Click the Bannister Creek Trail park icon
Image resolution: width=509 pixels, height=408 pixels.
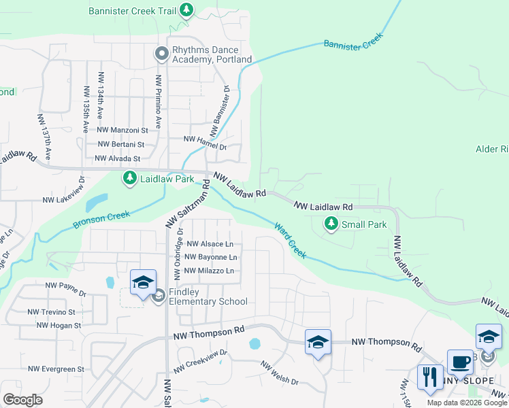point(186,10)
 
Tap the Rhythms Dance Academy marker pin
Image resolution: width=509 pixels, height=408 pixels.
point(162,53)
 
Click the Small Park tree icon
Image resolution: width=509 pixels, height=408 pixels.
point(331,223)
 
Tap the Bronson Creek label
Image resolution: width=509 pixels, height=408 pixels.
point(101,220)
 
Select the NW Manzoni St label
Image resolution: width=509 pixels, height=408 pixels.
point(122,129)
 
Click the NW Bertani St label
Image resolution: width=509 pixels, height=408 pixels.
point(121,144)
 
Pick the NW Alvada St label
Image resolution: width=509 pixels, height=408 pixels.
point(118,158)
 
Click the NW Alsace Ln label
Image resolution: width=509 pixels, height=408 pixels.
point(210,243)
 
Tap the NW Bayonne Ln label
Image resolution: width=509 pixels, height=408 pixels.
point(212,257)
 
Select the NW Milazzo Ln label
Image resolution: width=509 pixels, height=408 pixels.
point(210,271)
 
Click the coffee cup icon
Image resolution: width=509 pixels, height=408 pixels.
point(460,363)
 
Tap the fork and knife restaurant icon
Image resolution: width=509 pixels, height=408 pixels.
point(430,377)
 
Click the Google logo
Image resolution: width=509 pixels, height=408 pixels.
point(23,399)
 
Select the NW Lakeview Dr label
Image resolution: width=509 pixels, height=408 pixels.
point(63,201)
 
